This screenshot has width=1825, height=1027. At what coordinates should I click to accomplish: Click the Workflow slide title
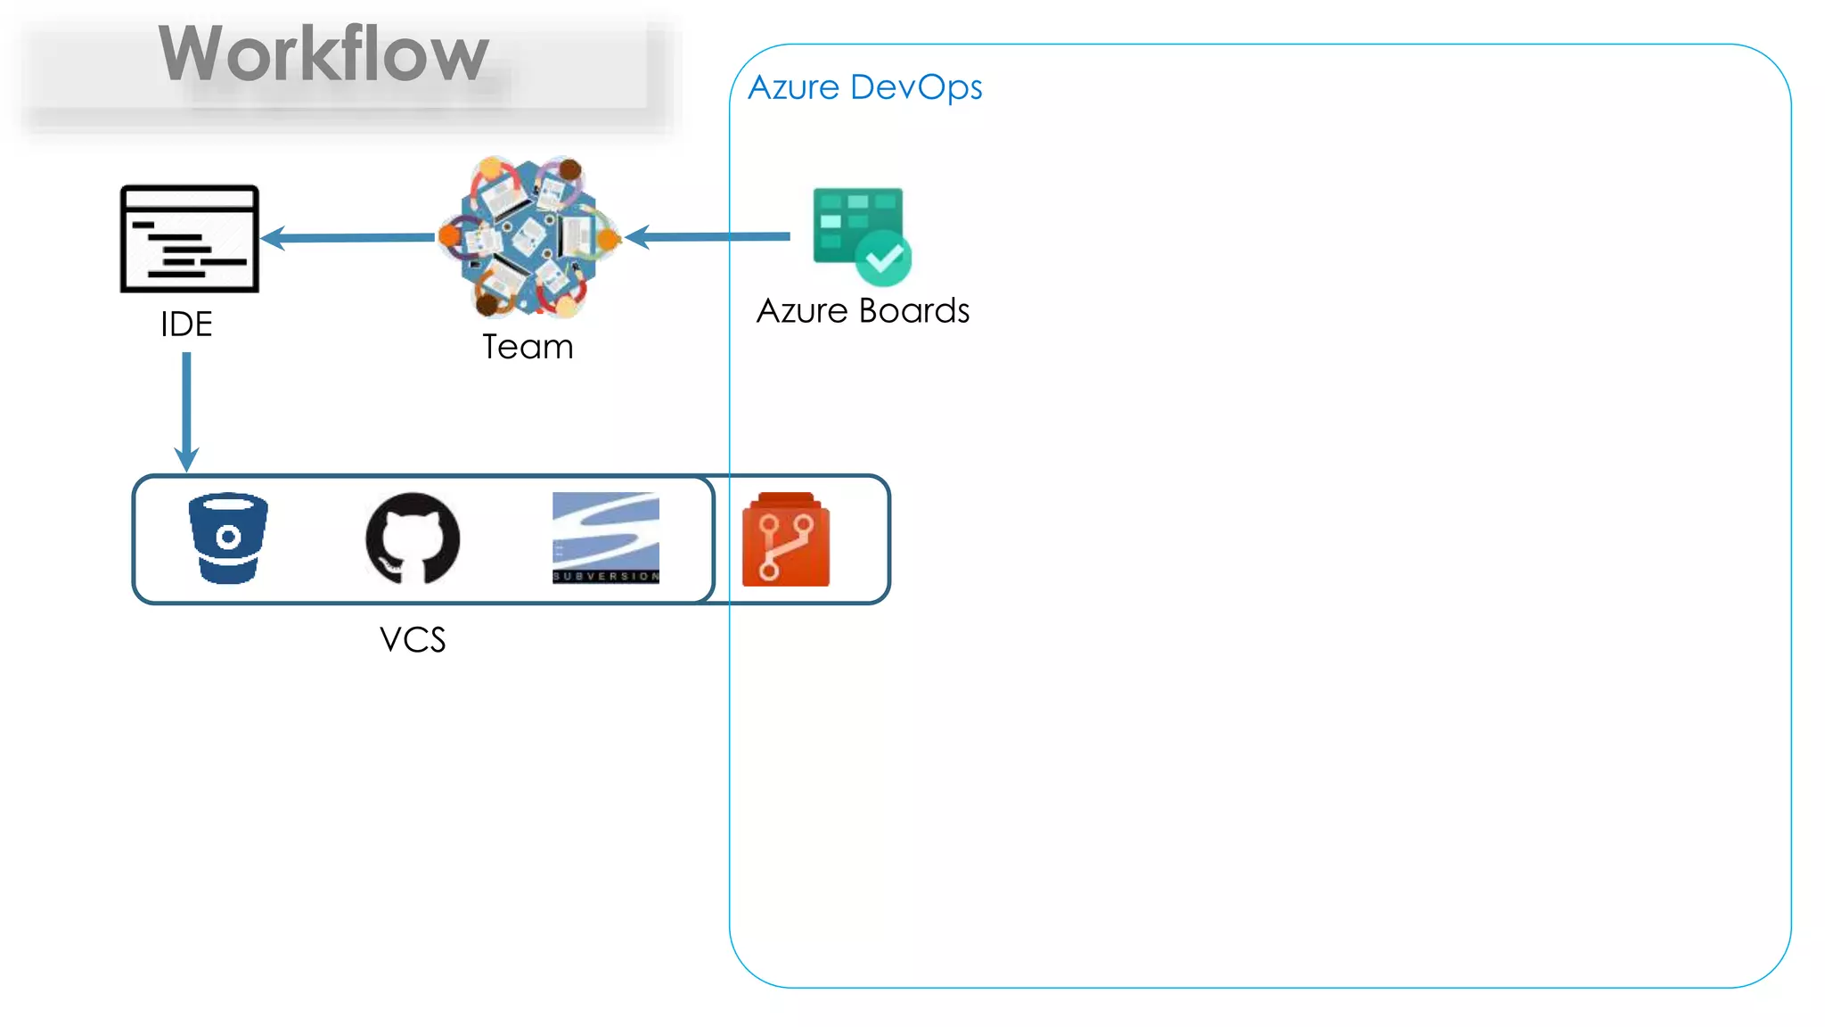point(323,55)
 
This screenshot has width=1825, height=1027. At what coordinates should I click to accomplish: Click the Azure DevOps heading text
point(864,87)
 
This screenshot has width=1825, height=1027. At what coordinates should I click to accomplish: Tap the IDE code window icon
point(190,238)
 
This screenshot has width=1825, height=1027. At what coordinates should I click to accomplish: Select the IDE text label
point(186,324)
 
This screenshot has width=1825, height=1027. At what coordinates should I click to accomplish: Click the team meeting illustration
point(530,237)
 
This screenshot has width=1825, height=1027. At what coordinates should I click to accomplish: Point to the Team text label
point(528,347)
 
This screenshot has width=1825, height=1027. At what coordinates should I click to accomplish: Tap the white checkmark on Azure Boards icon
point(884,259)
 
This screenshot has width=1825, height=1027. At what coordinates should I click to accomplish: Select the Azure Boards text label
point(863,311)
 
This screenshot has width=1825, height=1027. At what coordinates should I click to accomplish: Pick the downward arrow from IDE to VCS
point(186,410)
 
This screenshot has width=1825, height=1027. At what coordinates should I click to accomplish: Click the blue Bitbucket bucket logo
point(228,538)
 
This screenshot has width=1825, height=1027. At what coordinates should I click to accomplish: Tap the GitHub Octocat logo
point(413,538)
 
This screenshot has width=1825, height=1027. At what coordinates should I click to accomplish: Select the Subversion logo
point(606,537)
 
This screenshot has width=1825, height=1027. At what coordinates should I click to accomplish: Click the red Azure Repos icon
point(786,540)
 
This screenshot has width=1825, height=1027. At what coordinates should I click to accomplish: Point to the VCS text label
point(413,640)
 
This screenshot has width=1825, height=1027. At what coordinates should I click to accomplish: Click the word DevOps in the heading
point(916,87)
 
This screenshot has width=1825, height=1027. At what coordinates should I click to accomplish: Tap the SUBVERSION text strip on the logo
point(606,577)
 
